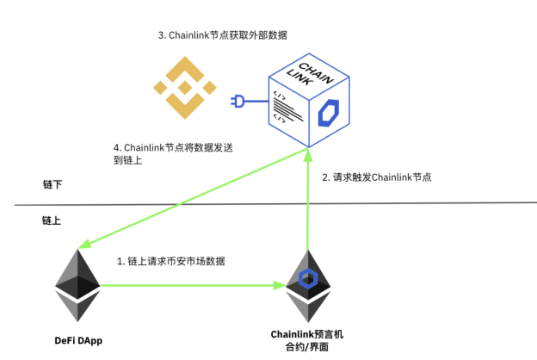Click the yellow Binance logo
click(x=182, y=86)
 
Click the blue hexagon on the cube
click(x=329, y=113)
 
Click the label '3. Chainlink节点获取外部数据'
click(x=222, y=35)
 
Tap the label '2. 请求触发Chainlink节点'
click(x=376, y=177)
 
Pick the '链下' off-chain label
click(x=52, y=184)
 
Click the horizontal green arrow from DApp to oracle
click(x=189, y=285)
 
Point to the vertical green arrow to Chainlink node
click(x=307, y=207)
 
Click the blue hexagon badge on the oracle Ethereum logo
click(x=307, y=279)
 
